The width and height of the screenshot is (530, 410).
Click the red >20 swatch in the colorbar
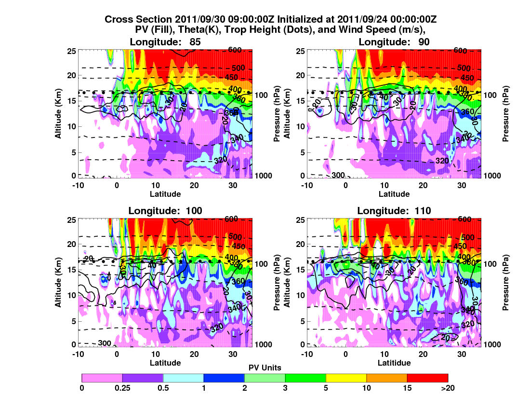pos(427,378)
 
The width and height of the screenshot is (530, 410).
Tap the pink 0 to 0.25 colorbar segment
pos(102,378)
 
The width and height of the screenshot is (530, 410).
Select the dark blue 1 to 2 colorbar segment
pos(224,378)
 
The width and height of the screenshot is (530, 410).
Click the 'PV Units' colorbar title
pos(265,368)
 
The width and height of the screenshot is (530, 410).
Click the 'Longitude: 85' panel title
pos(165,42)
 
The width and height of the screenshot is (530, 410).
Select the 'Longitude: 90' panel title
pos(394,42)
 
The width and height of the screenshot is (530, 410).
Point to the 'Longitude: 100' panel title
pos(165,210)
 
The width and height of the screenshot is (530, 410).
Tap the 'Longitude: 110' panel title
pos(394,210)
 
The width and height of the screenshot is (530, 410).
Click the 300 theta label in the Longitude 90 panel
pos(338,174)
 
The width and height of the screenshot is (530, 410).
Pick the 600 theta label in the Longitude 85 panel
pos(235,51)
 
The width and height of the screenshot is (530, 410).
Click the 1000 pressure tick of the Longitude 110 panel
pos(493,345)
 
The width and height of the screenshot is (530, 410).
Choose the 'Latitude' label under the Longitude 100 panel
pos(165,363)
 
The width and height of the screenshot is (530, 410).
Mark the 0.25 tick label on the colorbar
pos(122,388)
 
